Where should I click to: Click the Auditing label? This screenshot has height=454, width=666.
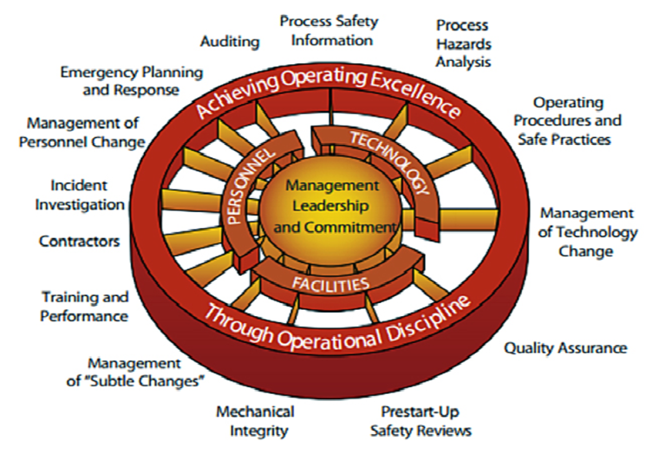click(230, 41)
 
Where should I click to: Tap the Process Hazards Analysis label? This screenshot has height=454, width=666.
click(463, 43)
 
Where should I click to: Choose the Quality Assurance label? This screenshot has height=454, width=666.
click(565, 348)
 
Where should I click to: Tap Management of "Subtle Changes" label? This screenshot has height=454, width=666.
click(145, 372)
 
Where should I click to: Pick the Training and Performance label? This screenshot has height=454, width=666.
click(84, 306)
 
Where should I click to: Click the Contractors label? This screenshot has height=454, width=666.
click(79, 240)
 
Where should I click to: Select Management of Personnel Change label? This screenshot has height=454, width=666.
click(85, 132)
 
